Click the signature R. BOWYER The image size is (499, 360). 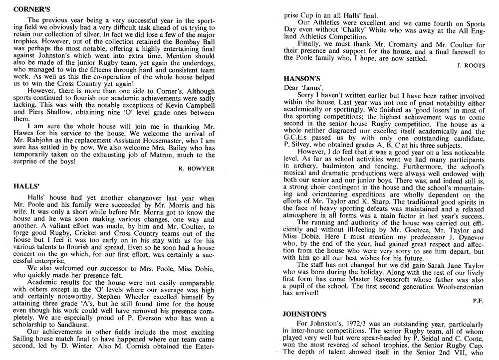(x=196, y=169)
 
